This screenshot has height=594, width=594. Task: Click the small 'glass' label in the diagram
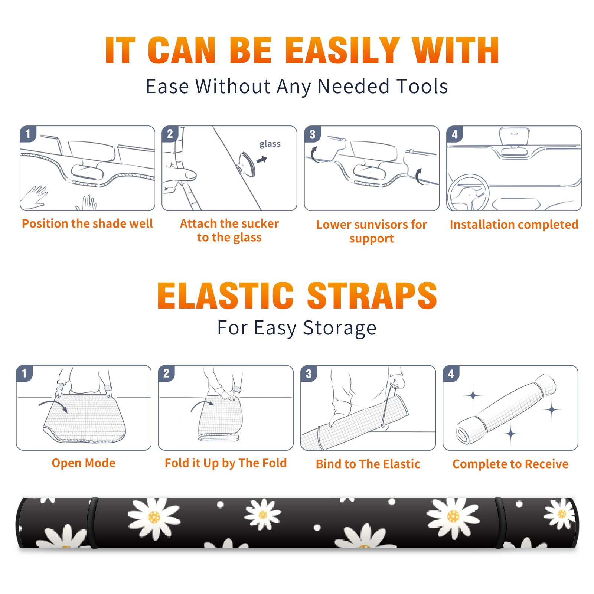tap(270, 144)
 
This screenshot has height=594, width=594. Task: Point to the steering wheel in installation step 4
tap(468, 193)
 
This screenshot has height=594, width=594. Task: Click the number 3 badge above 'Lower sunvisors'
tap(312, 134)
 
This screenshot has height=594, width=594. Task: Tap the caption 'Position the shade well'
tap(87, 223)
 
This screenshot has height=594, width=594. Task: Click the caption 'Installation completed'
tap(514, 225)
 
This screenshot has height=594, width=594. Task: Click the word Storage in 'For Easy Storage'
tap(340, 328)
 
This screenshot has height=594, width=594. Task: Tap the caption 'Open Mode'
tap(84, 463)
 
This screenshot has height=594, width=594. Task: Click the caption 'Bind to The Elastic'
tap(368, 464)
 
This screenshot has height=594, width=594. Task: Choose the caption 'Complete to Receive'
tap(510, 464)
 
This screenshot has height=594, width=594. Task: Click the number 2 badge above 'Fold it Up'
tap(166, 373)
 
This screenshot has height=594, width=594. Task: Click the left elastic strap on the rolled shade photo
tap(93, 523)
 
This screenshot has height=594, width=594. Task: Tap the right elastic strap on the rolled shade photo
tap(499, 523)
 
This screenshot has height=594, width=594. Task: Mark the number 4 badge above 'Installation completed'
tap(454, 134)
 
